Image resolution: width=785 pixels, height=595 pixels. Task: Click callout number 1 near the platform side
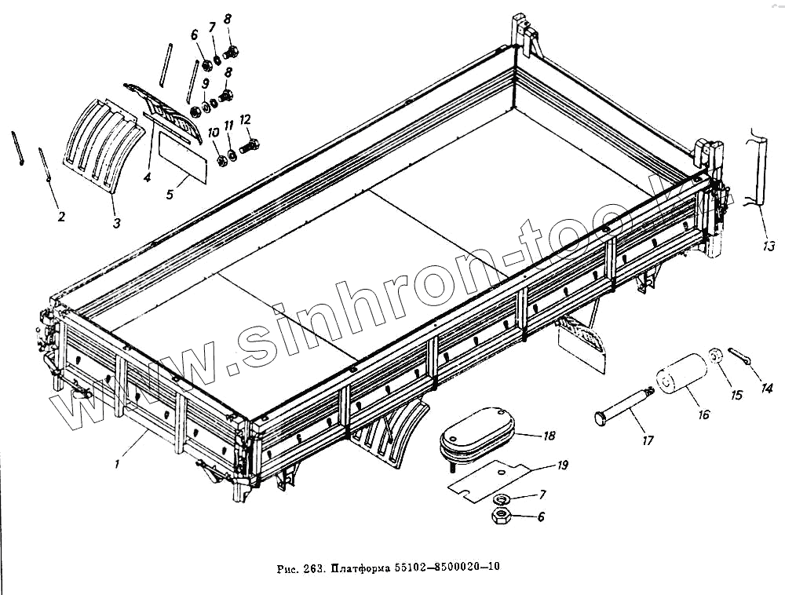pyautogui.click(x=116, y=464)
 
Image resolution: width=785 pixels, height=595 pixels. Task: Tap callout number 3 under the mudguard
pyautogui.click(x=116, y=223)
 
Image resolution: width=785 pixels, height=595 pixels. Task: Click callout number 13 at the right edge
pyautogui.click(x=768, y=246)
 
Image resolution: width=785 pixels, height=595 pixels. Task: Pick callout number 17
pyautogui.click(x=648, y=440)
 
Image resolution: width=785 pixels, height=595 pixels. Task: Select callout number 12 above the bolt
pyautogui.click(x=245, y=119)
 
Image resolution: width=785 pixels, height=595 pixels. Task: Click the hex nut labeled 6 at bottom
pyautogui.click(x=499, y=517)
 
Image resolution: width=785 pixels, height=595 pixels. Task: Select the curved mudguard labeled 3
pyautogui.click(x=104, y=139)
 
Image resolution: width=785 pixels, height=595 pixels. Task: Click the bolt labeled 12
pyautogui.click(x=251, y=145)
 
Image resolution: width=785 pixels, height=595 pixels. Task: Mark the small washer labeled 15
pyautogui.click(x=715, y=356)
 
